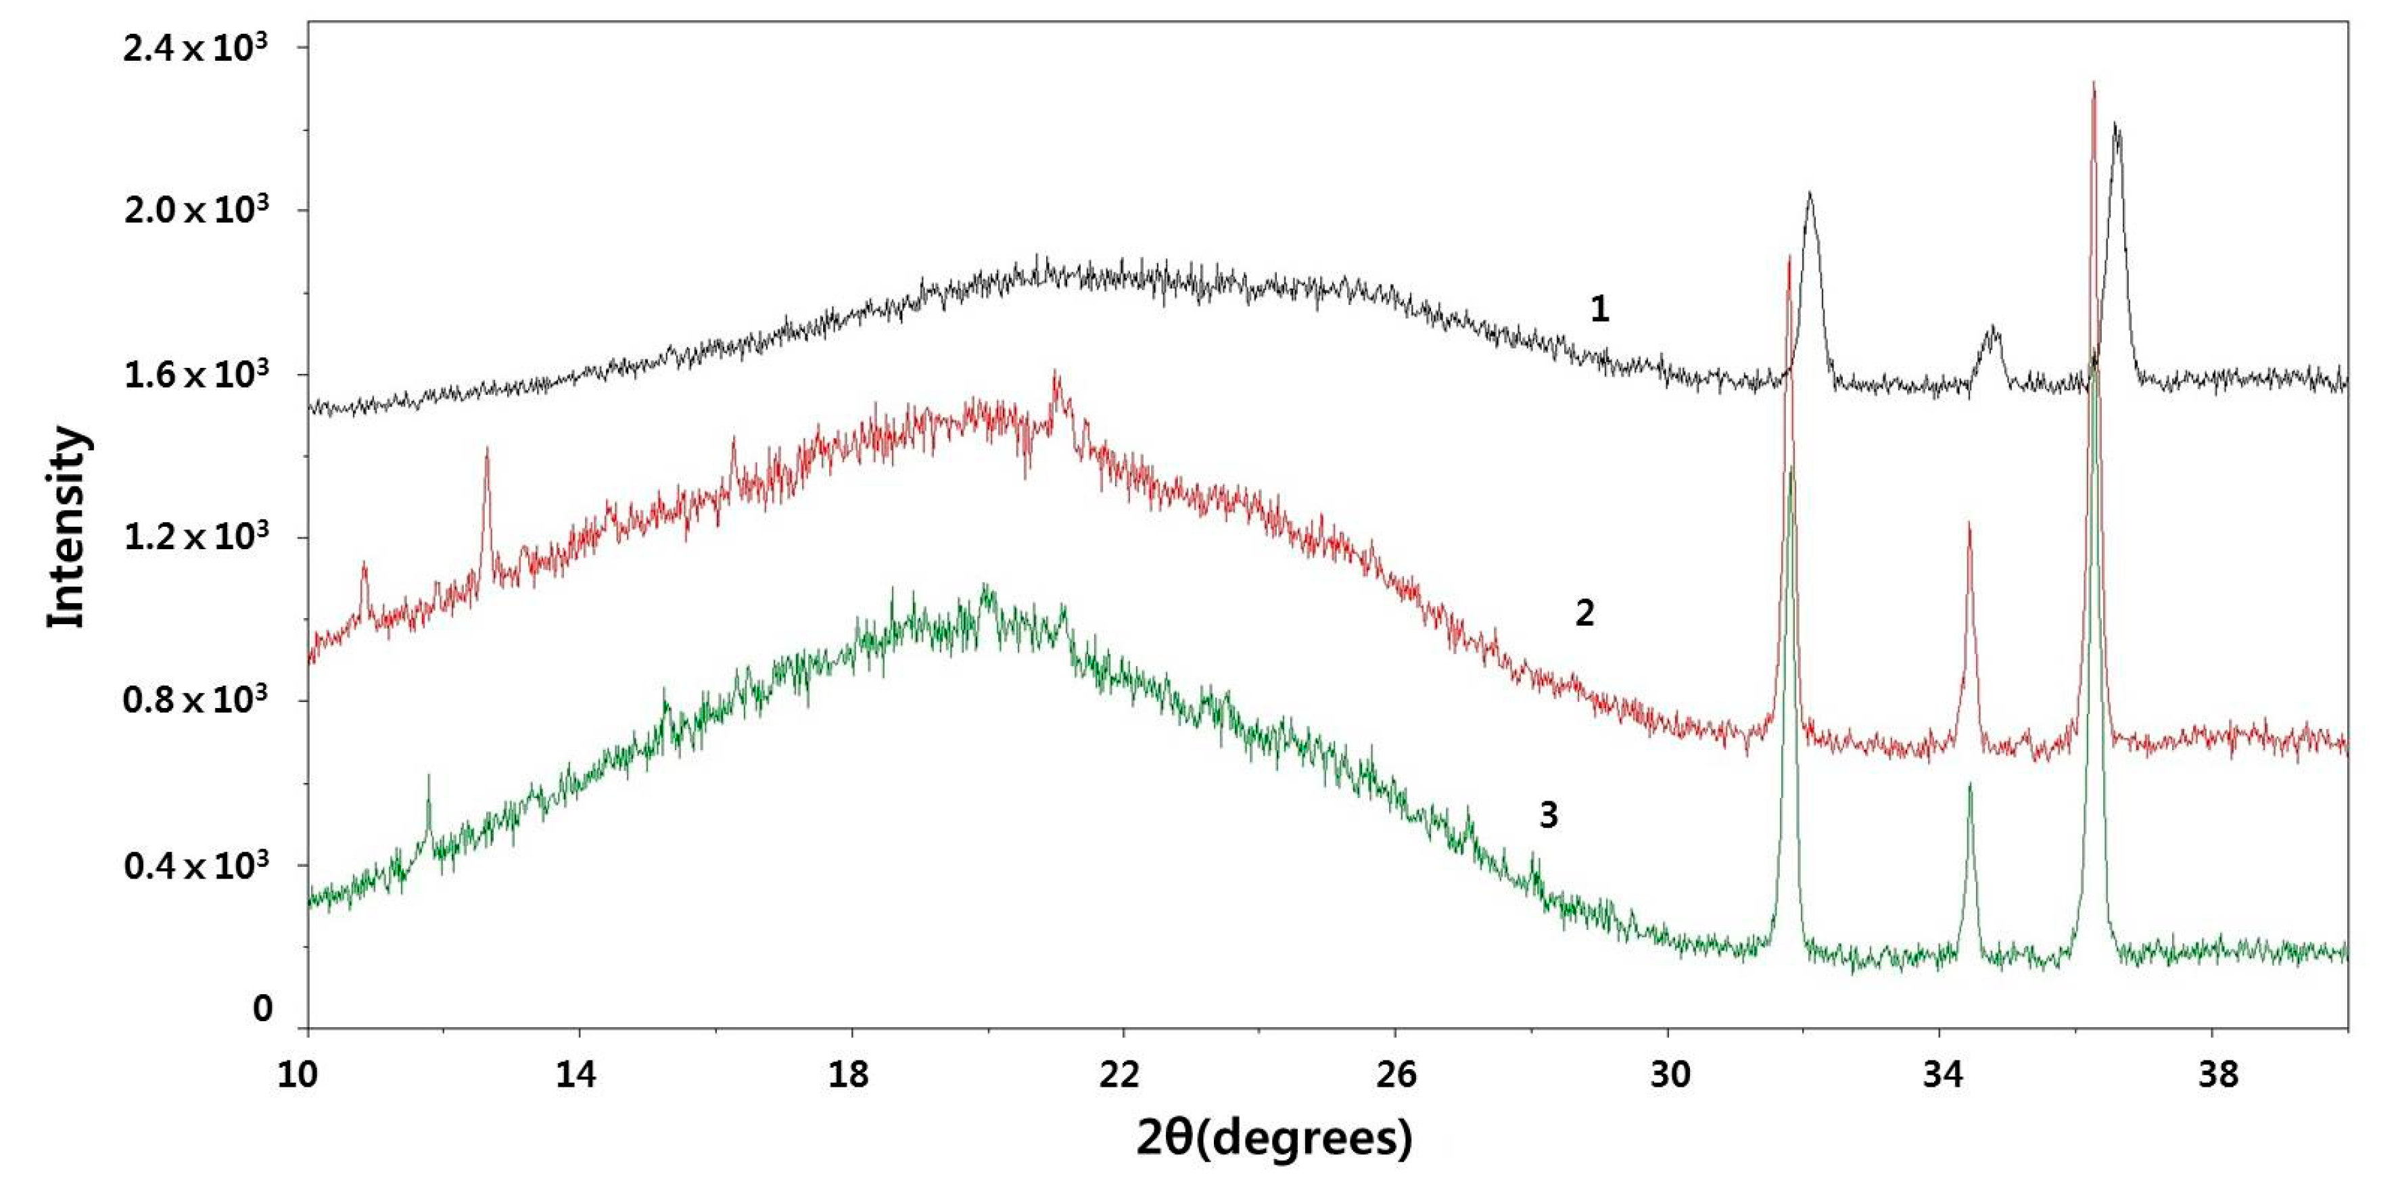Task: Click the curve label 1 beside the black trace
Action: click(1599, 309)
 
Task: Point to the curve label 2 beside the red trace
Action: click(1584, 613)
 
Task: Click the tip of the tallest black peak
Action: click(2117, 124)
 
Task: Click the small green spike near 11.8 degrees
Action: click(428, 776)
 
